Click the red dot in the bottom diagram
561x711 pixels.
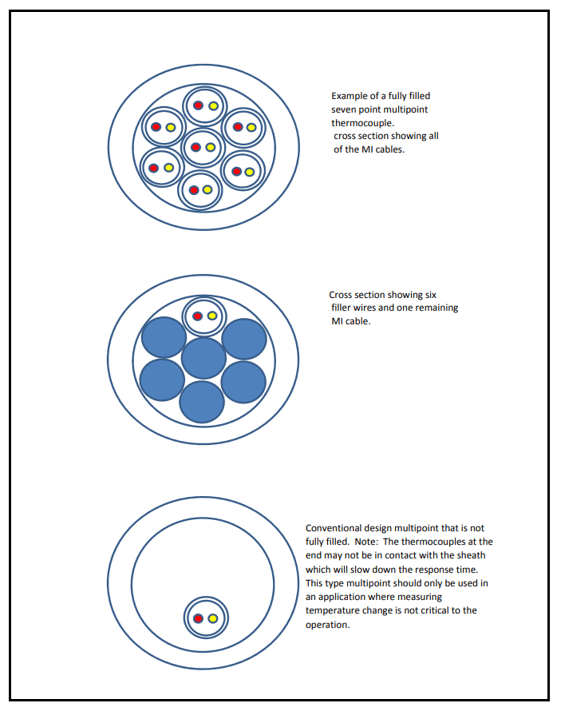[198, 618]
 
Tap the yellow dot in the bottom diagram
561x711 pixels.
[213, 618]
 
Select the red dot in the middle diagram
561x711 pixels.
[197, 316]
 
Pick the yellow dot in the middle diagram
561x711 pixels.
[212, 316]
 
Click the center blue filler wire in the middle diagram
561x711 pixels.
[203, 358]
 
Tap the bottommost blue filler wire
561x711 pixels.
[201, 402]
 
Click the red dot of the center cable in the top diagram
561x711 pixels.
[196, 147]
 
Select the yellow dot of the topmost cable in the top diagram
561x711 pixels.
[213, 106]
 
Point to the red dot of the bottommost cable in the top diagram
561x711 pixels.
[194, 190]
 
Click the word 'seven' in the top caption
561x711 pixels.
[344, 109]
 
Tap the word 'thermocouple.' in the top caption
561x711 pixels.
[362, 123]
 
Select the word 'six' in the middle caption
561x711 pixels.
[431, 295]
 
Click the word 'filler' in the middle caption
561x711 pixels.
[341, 308]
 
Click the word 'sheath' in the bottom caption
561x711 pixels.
[471, 555]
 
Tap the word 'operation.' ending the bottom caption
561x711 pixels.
[328, 625]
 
